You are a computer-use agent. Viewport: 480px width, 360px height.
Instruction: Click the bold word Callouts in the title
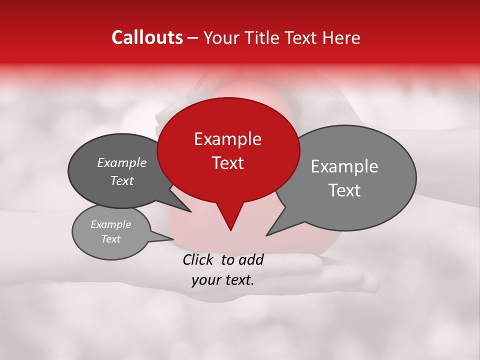(147, 37)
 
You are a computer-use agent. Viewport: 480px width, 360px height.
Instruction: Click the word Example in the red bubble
(227, 139)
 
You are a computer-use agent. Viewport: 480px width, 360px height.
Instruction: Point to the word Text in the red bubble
(227, 163)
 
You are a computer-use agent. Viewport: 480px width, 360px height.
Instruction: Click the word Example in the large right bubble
(344, 166)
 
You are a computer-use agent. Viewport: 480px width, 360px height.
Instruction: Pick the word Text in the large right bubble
(344, 190)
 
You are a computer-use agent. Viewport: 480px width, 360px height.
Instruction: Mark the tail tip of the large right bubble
(267, 234)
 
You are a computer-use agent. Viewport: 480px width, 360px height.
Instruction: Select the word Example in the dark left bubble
(121, 162)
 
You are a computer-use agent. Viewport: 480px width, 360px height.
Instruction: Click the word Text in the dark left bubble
(121, 180)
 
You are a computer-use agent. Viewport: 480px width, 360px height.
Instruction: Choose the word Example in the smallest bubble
(110, 224)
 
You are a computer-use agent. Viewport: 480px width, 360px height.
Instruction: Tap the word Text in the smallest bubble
(110, 239)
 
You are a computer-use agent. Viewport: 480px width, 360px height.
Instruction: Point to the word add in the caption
(250, 259)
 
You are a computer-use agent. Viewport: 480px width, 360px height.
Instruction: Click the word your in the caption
(205, 280)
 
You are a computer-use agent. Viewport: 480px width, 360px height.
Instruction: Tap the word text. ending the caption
(237, 280)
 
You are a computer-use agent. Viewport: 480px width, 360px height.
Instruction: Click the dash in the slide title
(193, 38)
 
